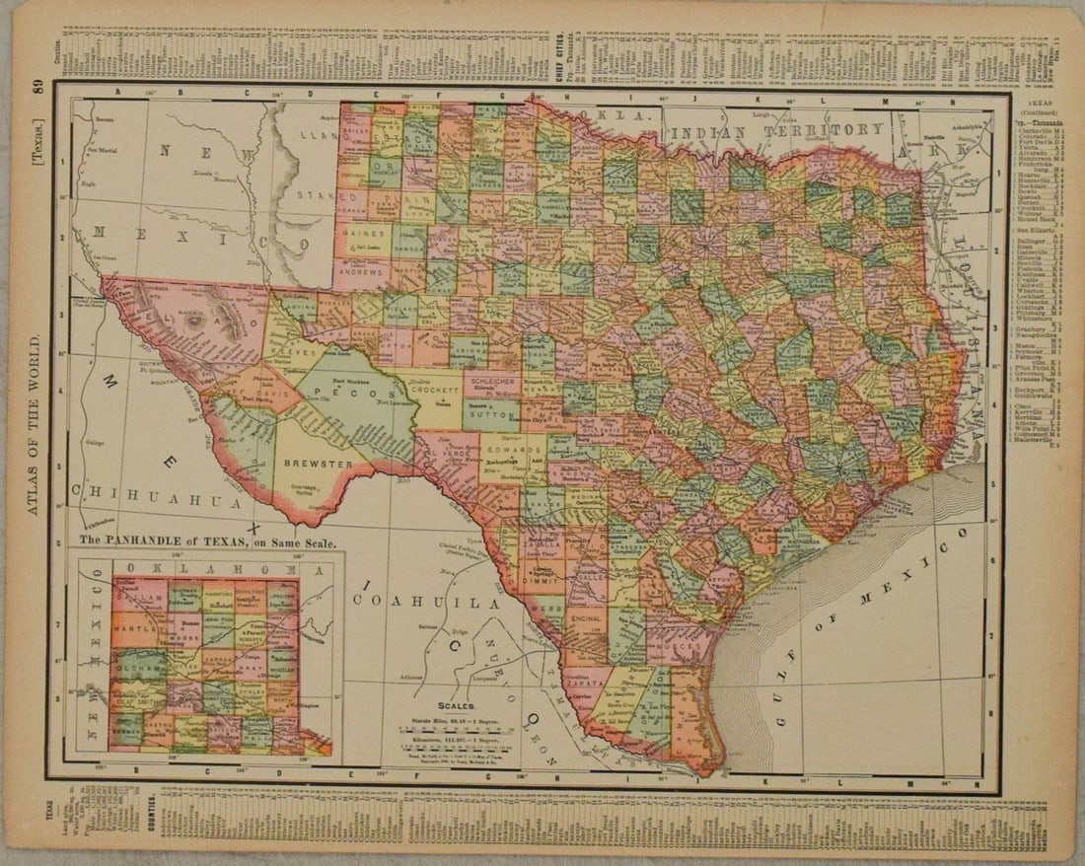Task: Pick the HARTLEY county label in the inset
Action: tap(131, 627)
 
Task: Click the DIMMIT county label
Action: tap(542, 581)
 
